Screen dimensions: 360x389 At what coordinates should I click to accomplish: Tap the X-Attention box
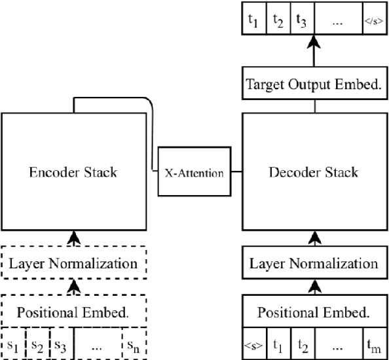click(x=194, y=173)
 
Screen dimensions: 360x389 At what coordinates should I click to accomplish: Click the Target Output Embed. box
click(x=313, y=84)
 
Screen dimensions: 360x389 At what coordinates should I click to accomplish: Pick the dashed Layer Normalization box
click(x=74, y=264)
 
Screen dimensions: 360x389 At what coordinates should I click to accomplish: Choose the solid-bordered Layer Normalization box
click(x=313, y=264)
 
